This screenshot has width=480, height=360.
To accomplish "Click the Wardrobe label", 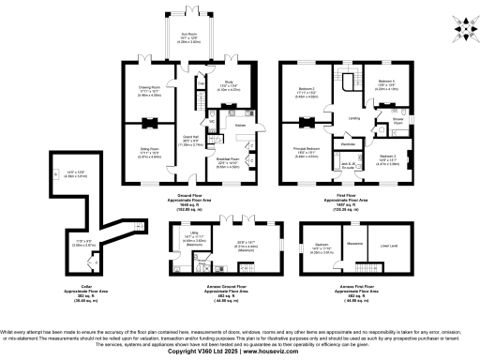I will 345,143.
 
